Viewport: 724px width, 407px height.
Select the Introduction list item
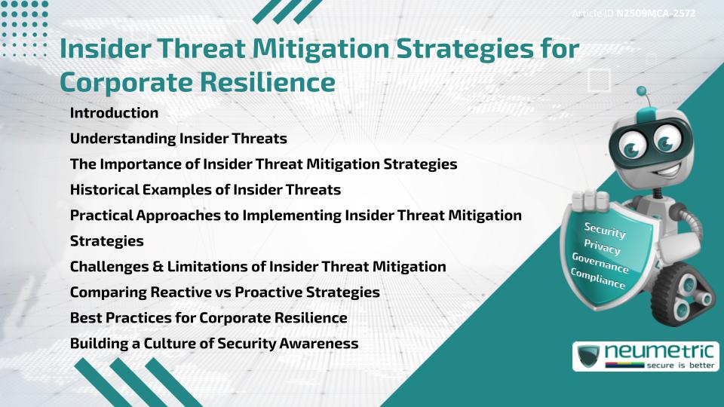pos(114,113)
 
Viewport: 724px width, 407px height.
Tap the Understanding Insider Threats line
pos(178,139)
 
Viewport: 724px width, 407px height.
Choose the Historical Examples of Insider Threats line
pos(205,189)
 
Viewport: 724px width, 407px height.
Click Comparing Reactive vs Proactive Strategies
pos(225,292)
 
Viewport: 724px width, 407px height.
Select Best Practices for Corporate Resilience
pos(208,317)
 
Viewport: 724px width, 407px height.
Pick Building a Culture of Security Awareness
pos(214,343)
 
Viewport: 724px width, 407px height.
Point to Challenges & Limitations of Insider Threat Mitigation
pos(258,266)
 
